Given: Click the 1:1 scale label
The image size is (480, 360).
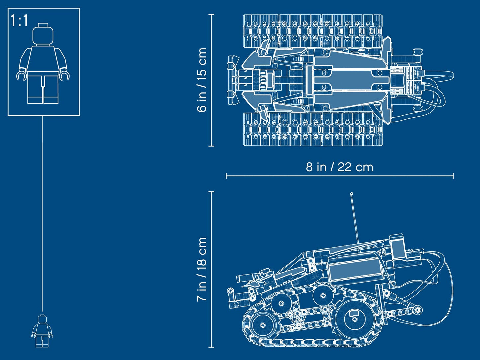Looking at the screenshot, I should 19,21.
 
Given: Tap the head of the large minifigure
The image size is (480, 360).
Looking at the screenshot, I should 43,34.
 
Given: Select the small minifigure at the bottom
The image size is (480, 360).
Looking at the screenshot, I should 42,331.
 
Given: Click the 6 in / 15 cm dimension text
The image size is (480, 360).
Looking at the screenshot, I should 202,80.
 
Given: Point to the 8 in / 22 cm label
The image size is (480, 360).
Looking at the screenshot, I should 339,167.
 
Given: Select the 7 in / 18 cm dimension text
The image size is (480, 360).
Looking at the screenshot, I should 202,269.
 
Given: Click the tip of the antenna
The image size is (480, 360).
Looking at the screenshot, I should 352,194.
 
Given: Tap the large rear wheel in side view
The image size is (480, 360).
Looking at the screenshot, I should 353,319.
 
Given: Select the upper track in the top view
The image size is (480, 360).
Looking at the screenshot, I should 312,31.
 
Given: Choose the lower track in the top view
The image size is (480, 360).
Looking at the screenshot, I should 312,129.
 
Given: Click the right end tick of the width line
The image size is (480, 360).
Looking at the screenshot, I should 453,176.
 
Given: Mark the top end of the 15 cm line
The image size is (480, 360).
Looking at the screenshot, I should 211,15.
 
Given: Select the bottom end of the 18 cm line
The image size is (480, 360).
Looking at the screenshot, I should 211,347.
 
